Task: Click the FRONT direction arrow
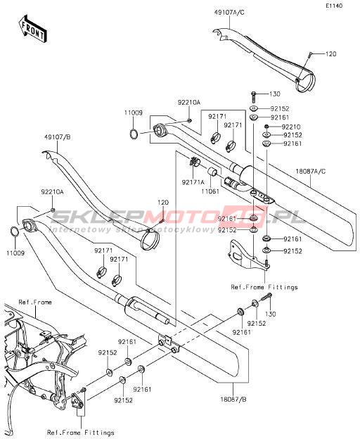pos(32,29)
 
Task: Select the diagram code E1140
pos(334,6)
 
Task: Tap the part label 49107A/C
pos(229,13)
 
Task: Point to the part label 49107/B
pos(57,137)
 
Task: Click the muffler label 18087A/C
pos(311,171)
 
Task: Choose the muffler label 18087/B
pos(233,399)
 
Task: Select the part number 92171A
pos(193,182)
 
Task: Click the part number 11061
pos(210,191)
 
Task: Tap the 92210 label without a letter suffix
pos(291,127)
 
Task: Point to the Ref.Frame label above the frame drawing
pos(35,302)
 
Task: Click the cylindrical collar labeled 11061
pos(213,170)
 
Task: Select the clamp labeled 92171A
pos(193,162)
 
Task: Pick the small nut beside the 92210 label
pos(266,127)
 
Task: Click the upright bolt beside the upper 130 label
pos(254,96)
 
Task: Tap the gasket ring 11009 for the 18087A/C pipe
pos(134,134)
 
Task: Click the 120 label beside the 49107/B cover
pos(163,203)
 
